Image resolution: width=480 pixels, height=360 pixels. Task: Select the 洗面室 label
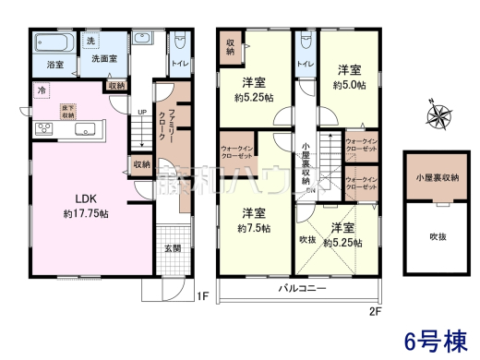tap(104, 60)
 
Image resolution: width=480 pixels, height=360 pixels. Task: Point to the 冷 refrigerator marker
tap(42, 90)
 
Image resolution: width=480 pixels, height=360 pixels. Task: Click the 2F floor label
tap(375, 311)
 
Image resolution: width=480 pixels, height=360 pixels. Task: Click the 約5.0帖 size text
tap(348, 84)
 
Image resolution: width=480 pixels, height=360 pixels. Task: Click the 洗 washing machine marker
tap(90, 42)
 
